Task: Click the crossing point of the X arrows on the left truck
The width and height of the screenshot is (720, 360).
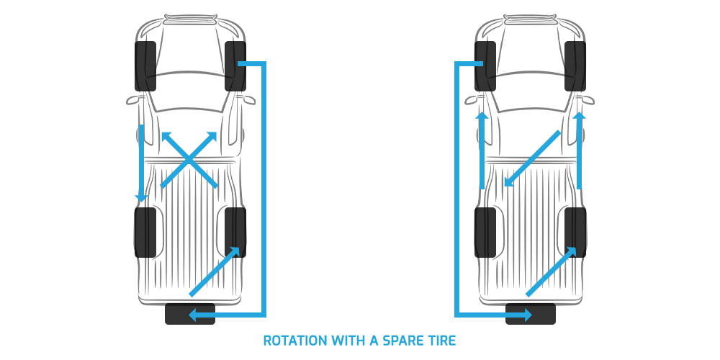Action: point(189,160)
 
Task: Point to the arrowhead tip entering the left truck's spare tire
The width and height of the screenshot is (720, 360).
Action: point(189,315)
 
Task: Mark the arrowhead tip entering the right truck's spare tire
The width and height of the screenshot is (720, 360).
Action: point(532,315)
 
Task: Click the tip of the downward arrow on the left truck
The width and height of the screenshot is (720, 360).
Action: point(141,202)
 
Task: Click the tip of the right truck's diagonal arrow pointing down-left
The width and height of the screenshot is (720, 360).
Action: point(505,186)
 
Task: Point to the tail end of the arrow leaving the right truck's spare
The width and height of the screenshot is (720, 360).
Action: point(528,294)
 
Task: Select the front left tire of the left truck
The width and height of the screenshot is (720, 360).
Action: point(145,66)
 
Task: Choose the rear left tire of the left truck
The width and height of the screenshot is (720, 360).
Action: point(145,233)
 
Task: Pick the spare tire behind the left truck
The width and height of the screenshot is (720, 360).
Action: point(190,314)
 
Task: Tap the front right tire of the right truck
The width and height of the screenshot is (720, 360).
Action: point(575,66)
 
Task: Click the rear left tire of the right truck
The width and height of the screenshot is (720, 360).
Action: point(485,233)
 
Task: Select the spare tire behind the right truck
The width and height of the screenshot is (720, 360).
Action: point(531,314)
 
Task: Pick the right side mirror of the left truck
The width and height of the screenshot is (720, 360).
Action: point(248,99)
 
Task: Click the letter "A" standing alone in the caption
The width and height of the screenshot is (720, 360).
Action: point(373,341)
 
